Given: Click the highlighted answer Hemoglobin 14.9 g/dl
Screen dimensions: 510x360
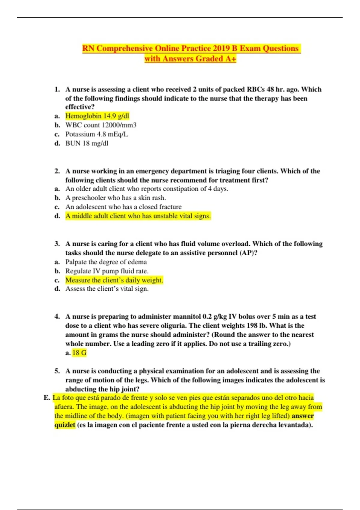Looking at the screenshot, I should coord(97,116).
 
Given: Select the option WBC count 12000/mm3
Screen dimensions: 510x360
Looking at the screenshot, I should coord(101,125).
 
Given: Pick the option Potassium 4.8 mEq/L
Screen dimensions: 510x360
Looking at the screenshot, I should coord(97,134).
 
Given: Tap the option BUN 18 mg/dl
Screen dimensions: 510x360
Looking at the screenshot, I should coord(87,143).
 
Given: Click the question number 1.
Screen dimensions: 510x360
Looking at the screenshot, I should coord(57,89).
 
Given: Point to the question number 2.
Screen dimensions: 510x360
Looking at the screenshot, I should coord(57,171).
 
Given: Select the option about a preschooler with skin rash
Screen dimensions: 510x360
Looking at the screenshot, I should coord(115,198).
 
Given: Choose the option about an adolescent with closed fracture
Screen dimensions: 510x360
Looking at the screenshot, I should coord(123,207).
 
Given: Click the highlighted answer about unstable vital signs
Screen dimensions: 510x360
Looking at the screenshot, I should coord(138,216).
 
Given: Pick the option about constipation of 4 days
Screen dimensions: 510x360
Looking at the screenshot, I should coord(147,189).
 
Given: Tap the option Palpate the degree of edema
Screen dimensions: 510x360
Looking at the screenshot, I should coord(106,262).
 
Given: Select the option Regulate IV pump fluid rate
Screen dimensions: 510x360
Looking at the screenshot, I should coord(107,271).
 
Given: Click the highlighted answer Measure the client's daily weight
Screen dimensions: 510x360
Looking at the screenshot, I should coord(114,280).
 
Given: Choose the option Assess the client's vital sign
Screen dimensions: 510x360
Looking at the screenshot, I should coord(107,289).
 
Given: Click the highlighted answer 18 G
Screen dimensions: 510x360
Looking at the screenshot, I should coord(79,353).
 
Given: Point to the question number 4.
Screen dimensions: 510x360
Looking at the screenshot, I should coord(57,316).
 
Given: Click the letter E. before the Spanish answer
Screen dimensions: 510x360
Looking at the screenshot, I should coord(47,398).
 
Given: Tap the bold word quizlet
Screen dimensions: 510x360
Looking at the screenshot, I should coord(65,425).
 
